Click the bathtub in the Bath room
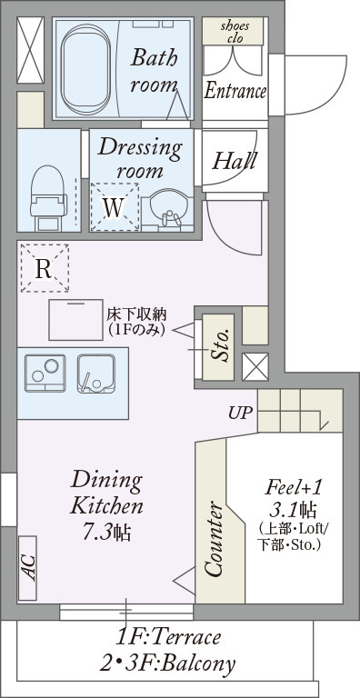[x=85, y=69]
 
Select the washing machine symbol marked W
[x=115, y=206]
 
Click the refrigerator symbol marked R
[x=45, y=268]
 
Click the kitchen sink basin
[x=96, y=374]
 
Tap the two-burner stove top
[x=45, y=373]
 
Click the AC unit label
[x=28, y=567]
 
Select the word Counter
[x=213, y=539]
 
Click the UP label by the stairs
[x=241, y=413]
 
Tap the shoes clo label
[x=233, y=31]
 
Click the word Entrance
[x=235, y=91]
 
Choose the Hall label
[x=235, y=160]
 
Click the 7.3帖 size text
[x=107, y=532]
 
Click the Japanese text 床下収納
[x=136, y=315]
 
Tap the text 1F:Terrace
[x=168, y=637]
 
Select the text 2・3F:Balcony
[x=167, y=663]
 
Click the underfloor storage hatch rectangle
[x=75, y=320]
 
